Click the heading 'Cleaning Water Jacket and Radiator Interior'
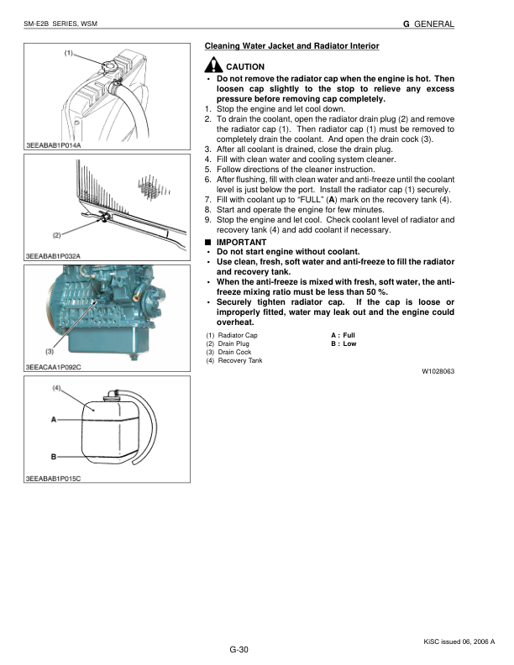click(x=291, y=45)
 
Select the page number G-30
click(x=240, y=650)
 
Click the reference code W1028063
click(x=438, y=370)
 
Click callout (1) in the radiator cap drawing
click(x=69, y=53)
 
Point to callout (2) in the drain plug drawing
click(x=56, y=234)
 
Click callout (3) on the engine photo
click(x=50, y=351)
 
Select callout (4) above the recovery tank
click(x=58, y=388)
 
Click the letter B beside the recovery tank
click(x=55, y=456)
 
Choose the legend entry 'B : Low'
click(x=344, y=343)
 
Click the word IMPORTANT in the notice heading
click(x=241, y=242)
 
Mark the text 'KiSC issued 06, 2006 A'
click(x=459, y=641)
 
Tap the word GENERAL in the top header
click(x=434, y=24)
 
